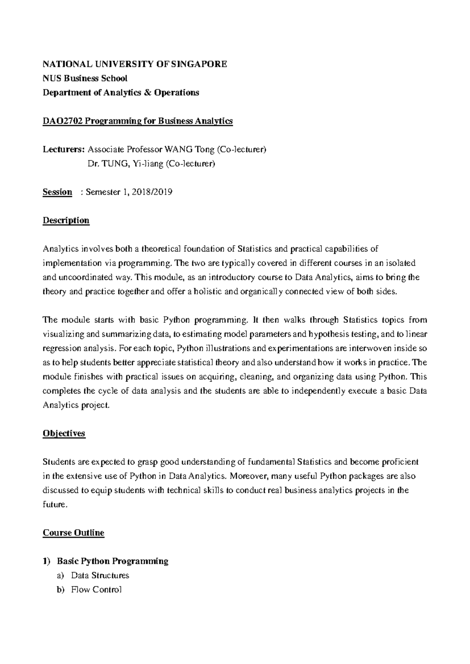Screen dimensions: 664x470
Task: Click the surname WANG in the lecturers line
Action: tap(177, 150)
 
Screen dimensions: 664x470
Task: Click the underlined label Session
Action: tap(57, 192)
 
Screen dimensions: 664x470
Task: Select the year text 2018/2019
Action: tap(152, 192)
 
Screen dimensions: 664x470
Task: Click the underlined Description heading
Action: tap(66, 220)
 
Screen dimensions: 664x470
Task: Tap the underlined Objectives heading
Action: tap(64, 434)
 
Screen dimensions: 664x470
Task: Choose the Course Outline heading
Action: tap(73, 533)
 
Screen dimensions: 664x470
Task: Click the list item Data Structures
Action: tap(100, 576)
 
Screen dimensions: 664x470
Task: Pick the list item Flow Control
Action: tap(96, 590)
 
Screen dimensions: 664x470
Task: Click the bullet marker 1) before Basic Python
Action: tap(47, 561)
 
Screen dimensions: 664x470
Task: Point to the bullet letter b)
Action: tap(60, 590)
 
